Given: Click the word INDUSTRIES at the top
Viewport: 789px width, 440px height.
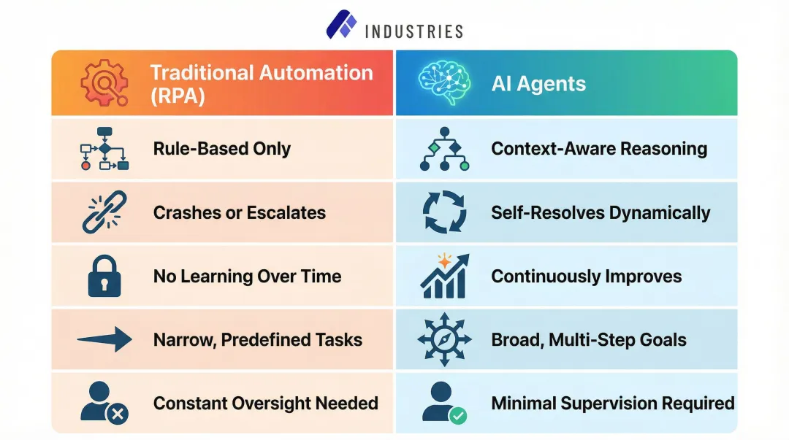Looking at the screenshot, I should (413, 31).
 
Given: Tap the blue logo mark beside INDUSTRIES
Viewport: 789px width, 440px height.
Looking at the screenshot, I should (341, 24).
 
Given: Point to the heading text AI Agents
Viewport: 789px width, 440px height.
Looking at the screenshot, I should (538, 84).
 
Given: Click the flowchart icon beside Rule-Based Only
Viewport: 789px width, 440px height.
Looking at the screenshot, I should (104, 149).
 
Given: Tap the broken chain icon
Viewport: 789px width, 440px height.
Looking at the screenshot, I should (104, 212).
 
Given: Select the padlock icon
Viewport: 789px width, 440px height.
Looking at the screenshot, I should (104, 277).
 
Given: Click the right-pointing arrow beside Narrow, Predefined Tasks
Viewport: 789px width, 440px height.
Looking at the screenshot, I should (104, 339).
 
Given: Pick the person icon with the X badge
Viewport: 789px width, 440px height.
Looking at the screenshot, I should (104, 404).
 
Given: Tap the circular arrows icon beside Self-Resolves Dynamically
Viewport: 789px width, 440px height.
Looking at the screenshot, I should (444, 212).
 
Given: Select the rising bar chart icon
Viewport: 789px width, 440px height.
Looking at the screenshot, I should (444, 277).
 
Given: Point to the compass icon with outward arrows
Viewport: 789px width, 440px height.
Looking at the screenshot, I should (444, 340).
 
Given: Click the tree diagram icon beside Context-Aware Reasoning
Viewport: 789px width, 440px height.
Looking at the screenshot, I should (444, 149).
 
